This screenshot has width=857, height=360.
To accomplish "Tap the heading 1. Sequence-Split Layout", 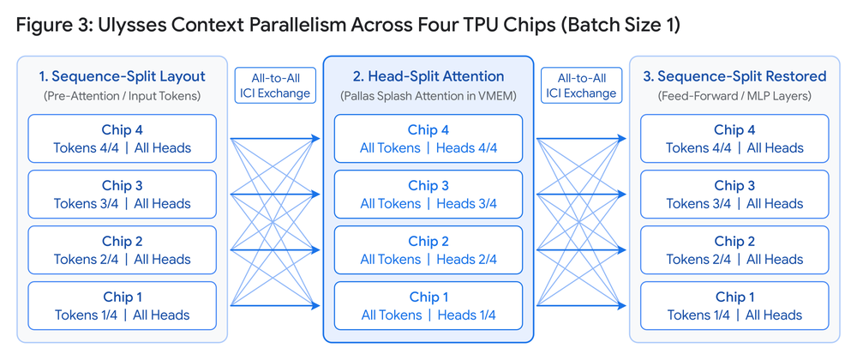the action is click(122, 76).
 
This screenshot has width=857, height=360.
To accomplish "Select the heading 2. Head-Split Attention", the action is click(428, 76).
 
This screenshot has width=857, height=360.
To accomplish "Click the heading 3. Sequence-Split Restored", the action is click(734, 76).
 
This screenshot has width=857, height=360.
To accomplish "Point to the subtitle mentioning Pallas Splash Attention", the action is click(428, 96).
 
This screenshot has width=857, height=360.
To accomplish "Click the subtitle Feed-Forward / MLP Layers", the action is click(734, 96).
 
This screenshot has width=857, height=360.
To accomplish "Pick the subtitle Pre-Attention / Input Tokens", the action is click(122, 96).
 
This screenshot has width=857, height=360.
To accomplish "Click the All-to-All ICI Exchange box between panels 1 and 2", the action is click(275, 85).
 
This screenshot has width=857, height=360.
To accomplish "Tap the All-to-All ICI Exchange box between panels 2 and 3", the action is click(582, 85).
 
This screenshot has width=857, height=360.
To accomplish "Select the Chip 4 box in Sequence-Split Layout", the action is click(122, 138).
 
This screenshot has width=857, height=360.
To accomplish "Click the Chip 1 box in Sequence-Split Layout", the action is click(122, 305).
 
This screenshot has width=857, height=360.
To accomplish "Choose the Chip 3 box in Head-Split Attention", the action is click(428, 194).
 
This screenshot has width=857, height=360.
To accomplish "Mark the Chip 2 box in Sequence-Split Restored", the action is click(734, 249).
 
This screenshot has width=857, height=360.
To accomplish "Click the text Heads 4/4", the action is click(466, 148).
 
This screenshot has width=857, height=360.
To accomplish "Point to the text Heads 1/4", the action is click(466, 315).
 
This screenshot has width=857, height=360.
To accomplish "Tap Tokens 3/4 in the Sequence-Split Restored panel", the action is click(698, 204).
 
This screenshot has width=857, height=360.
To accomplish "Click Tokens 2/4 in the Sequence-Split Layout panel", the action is click(86, 260).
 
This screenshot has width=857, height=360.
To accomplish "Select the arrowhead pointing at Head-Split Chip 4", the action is click(315, 138).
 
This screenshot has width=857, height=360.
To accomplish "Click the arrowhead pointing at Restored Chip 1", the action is click(621, 305).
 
